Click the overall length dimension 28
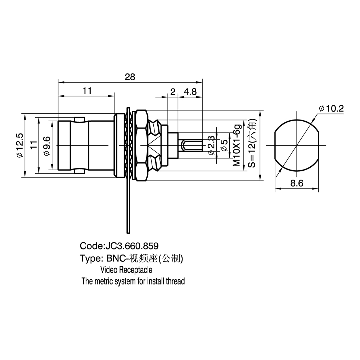[x=130, y=77]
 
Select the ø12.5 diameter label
[x=20, y=145]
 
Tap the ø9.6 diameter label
[x=46, y=146]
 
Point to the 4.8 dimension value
[x=190, y=91]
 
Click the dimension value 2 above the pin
[x=173, y=91]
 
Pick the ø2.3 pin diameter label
[x=211, y=145]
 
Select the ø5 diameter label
[x=224, y=145]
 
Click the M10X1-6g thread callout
[x=237, y=145]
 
